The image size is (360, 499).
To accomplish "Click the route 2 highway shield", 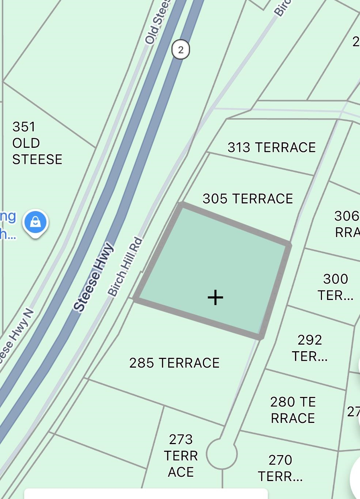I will click(181, 49).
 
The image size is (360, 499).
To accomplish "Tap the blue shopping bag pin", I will click(35, 222).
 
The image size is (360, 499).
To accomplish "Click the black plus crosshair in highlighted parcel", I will click(215, 297).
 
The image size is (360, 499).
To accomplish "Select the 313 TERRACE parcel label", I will click(271, 147).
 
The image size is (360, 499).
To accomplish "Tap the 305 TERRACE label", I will click(248, 199).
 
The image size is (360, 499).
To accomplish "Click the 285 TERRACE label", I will click(174, 363).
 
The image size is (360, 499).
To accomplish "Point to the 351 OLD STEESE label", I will click(37, 143).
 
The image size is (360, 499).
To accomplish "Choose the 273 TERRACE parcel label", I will click(181, 455).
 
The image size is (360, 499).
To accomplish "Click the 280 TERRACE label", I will click(293, 410).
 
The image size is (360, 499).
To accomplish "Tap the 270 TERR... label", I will click(280, 468).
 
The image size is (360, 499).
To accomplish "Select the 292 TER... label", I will click(310, 348).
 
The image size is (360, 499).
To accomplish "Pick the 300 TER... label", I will click(335, 287).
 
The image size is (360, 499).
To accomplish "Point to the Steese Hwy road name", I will click(94, 277).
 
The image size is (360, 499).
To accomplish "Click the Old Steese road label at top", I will click(157, 23).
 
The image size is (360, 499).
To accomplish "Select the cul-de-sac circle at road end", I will click(221, 454).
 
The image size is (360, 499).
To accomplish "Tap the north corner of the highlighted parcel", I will click(182, 205).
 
